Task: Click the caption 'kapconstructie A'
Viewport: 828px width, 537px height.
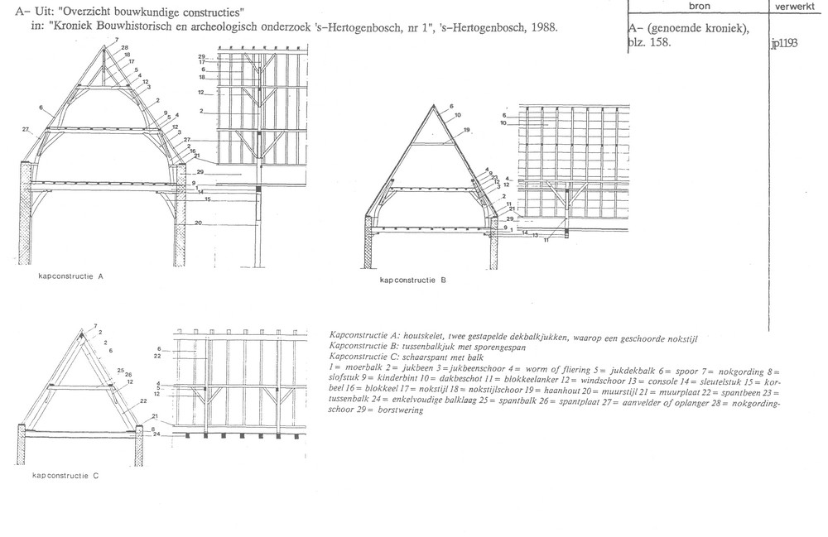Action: click(x=70, y=276)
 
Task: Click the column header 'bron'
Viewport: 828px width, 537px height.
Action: click(x=698, y=6)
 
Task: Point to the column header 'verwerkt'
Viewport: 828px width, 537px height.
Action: click(x=797, y=6)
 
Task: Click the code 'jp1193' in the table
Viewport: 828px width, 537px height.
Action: click(x=783, y=44)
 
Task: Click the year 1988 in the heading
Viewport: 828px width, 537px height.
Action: click(x=542, y=27)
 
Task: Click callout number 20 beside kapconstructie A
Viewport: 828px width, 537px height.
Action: click(x=199, y=223)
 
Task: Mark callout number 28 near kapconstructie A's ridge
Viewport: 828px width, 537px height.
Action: click(x=125, y=48)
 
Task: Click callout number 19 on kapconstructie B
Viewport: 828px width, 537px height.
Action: click(x=467, y=131)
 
